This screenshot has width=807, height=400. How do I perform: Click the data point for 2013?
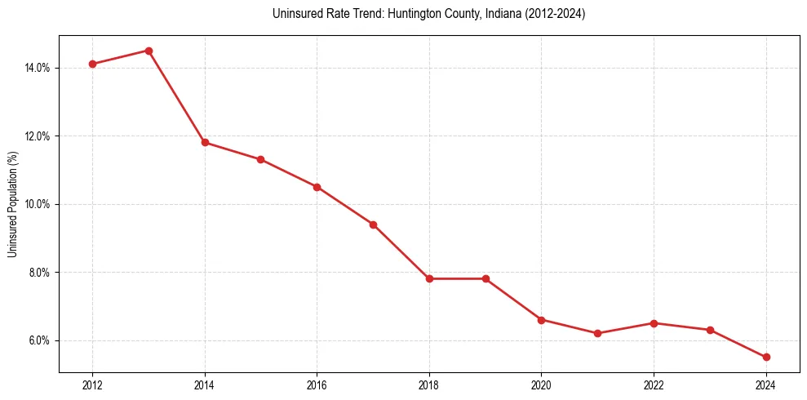[x=149, y=51]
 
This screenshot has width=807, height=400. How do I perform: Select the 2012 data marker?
[x=92, y=64]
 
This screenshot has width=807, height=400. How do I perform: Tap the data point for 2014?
[x=205, y=142]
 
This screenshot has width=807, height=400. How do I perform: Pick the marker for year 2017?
[x=373, y=224]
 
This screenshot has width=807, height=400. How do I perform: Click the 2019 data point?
[x=486, y=278]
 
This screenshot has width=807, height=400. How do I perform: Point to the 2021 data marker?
[x=597, y=333]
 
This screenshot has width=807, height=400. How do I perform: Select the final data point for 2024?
[x=766, y=357]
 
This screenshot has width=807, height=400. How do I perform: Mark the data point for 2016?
[x=317, y=187]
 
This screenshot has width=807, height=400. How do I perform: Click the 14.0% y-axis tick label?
[x=38, y=68]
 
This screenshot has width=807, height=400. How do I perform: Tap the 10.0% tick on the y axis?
[x=38, y=204]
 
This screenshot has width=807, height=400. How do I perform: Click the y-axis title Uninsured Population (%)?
[x=12, y=204]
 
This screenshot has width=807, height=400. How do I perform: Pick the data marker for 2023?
[x=710, y=330]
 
